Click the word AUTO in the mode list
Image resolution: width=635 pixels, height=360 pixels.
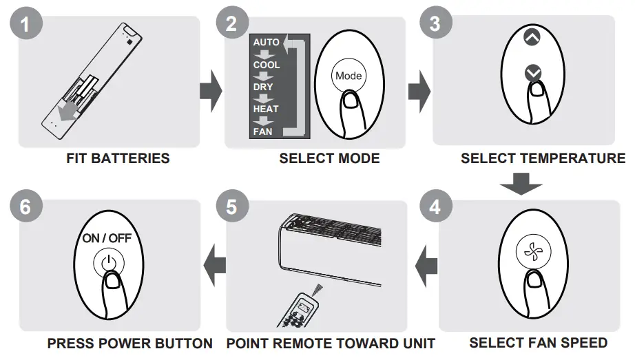(x=267, y=43)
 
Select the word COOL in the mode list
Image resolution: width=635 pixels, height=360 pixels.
(x=267, y=65)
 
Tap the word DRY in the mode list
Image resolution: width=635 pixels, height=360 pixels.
(x=263, y=87)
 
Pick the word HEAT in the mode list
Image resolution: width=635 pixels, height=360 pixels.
(x=266, y=109)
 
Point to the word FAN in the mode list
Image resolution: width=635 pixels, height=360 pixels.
(x=263, y=131)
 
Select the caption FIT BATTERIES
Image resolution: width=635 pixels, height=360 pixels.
(x=118, y=158)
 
